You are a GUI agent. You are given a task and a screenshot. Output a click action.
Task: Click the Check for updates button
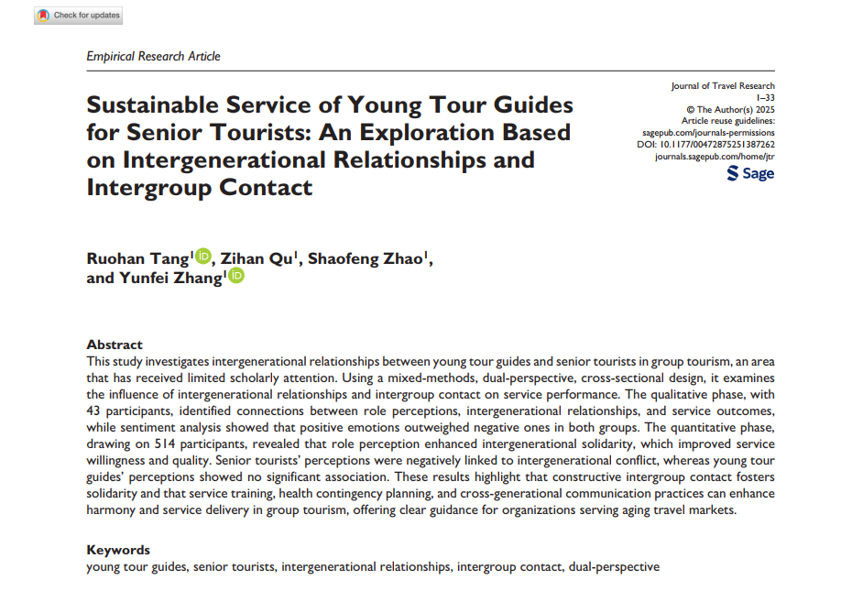pyautogui.click(x=80, y=16)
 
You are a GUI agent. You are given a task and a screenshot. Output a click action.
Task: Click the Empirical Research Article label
pyautogui.click(x=153, y=56)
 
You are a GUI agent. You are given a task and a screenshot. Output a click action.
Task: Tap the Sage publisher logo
pyautogui.click(x=750, y=174)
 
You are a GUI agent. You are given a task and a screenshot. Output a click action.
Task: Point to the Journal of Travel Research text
pyautogui.click(x=723, y=86)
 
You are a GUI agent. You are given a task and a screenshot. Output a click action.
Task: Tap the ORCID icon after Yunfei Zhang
pyautogui.click(x=236, y=277)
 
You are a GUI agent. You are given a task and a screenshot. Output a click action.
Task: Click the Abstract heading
pyautogui.click(x=115, y=345)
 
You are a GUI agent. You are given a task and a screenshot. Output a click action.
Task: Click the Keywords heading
pyautogui.click(x=118, y=550)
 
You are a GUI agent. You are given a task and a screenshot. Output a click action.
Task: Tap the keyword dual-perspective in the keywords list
pyautogui.click(x=614, y=567)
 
